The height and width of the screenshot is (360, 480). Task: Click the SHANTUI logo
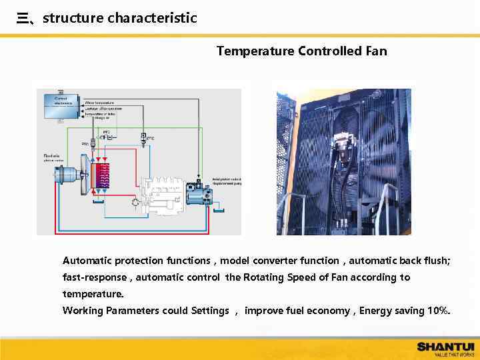point(445,346)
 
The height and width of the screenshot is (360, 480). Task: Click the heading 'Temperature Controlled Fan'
point(301,51)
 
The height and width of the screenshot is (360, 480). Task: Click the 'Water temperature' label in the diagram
point(99,103)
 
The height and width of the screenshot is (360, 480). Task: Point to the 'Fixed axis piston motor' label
point(53,157)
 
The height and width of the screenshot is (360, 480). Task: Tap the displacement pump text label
point(227,181)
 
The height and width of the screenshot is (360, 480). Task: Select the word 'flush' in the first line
point(435,261)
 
